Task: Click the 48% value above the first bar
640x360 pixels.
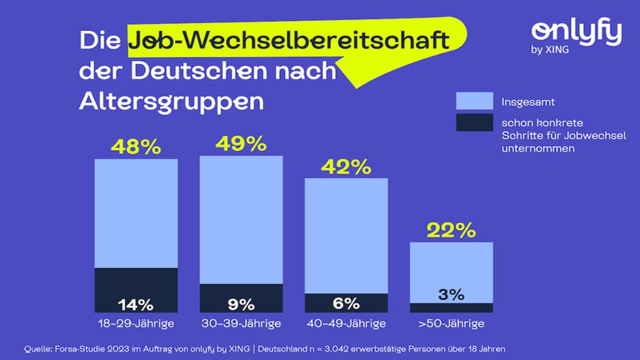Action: coord(135,147)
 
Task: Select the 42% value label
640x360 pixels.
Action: coord(346,167)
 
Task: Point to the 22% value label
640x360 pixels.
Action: coord(451,230)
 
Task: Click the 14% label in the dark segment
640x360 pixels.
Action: coord(135,305)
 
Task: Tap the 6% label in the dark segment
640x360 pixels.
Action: coord(346,303)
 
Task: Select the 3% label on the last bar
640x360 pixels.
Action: coord(451,294)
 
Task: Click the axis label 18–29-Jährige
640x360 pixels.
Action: coord(136,324)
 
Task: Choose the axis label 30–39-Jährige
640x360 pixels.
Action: coord(241,324)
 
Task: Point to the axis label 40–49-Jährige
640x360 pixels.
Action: coord(346,324)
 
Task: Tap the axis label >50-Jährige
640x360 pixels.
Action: coord(451,324)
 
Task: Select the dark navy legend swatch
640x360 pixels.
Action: coord(474,123)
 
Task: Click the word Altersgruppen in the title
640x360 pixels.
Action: coord(171,101)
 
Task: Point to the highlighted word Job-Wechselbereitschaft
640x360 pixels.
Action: coord(288,41)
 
